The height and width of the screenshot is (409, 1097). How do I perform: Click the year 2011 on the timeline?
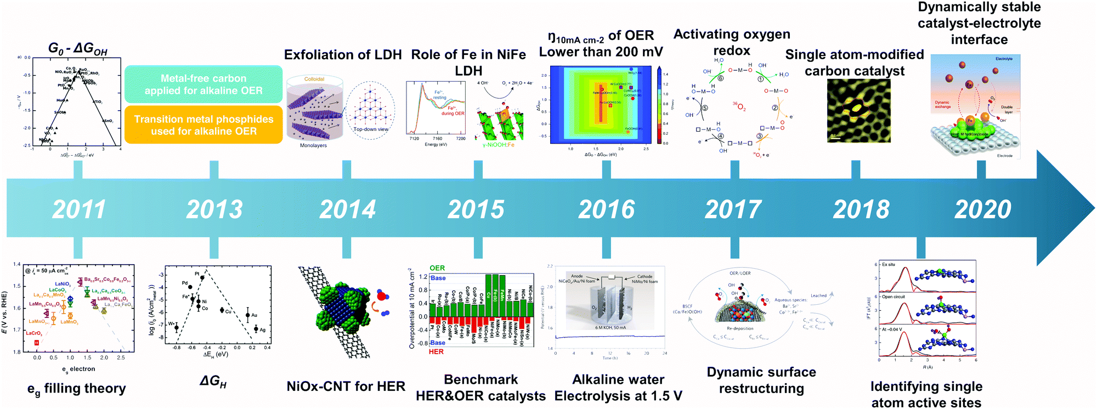(78, 209)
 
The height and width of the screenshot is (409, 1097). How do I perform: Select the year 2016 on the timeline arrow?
(606, 209)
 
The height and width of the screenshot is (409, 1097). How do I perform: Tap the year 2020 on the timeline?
(982, 209)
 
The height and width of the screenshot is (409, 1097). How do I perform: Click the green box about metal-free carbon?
(203, 84)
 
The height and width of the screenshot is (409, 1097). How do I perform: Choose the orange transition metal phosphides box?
(203, 125)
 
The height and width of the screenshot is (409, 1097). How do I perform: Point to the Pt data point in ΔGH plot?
(202, 277)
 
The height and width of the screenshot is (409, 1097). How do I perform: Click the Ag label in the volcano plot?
(263, 330)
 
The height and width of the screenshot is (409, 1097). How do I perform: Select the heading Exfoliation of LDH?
(343, 55)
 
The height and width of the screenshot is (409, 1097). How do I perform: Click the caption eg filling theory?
(77, 389)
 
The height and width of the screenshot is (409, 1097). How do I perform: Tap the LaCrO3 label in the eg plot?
(33, 333)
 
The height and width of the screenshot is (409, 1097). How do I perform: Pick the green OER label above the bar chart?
(437, 268)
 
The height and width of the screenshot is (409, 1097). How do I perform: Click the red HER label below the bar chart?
(436, 351)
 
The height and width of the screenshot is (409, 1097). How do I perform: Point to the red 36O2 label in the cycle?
(739, 106)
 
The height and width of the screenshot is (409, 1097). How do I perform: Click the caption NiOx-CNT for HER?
(346, 387)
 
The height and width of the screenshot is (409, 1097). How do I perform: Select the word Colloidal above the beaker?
(314, 79)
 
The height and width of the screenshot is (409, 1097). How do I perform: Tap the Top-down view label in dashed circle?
(371, 129)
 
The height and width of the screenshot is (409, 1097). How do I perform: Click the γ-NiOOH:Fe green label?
(498, 145)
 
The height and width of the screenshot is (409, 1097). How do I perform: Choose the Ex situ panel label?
(889, 264)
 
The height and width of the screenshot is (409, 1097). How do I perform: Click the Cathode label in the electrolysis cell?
(644, 276)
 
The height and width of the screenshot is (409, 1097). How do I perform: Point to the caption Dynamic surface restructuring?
(761, 380)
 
